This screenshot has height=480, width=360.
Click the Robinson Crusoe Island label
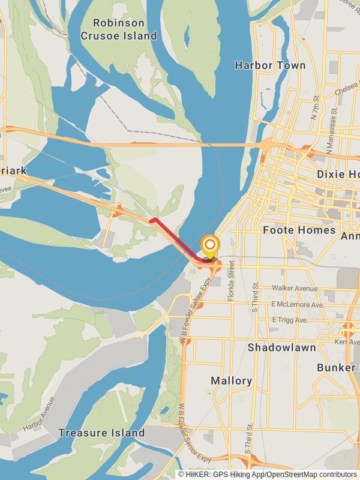[x=119, y=29]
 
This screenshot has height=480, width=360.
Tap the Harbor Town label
[x=270, y=65]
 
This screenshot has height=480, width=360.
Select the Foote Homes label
[x=299, y=230]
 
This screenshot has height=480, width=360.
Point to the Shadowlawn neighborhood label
[x=281, y=347]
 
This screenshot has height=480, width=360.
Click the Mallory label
[x=232, y=380]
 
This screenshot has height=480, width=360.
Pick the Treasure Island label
[x=101, y=433]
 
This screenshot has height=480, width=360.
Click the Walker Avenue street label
[x=294, y=289]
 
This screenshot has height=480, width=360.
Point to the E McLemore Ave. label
[x=298, y=305]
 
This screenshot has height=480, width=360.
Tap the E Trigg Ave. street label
[x=290, y=320]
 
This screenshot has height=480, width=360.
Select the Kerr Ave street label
[x=347, y=341]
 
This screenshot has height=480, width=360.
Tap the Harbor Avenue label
[x=40, y=413]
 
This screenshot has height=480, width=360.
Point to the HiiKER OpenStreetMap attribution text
[x=267, y=474]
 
